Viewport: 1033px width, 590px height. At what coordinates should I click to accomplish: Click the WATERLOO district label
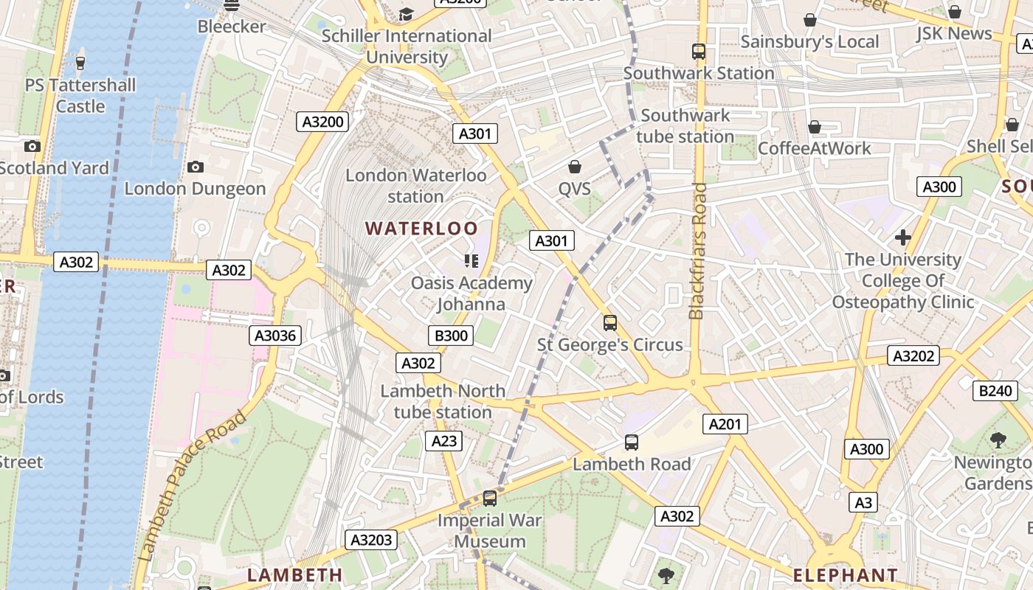421,229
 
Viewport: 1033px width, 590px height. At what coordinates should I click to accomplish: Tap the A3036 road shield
274,336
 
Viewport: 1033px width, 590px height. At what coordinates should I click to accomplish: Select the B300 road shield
451,336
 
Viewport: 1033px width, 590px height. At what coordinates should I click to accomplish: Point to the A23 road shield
443,441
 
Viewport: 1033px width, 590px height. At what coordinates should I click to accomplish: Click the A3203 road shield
371,540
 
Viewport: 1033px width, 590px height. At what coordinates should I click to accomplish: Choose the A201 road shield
727,423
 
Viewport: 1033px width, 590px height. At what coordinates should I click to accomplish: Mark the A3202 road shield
913,355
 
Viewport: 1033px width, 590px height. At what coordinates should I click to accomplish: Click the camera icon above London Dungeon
196,167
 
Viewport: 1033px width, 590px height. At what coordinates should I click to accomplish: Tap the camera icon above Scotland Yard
32,146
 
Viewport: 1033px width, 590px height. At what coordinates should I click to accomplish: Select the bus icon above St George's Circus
610,323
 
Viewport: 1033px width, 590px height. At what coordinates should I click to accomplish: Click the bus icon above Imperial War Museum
490,499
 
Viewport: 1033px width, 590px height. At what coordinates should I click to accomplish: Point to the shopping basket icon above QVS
575,167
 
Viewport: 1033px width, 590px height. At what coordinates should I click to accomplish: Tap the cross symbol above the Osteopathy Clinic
902,237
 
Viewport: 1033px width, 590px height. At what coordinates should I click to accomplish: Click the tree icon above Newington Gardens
998,441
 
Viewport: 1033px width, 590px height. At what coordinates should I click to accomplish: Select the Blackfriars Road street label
697,251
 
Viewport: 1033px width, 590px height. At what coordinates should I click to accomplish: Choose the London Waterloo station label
416,186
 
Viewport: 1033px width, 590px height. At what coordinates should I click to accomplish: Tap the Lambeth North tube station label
443,401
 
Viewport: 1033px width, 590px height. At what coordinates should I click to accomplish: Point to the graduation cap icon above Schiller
406,14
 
